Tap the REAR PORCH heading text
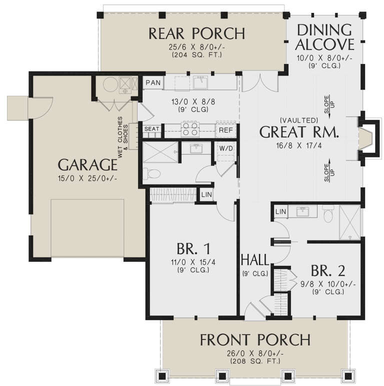tap(196, 33)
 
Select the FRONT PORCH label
tap(255, 340)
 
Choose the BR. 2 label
tap(327, 271)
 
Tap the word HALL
tap(255, 260)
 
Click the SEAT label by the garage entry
tap(151, 129)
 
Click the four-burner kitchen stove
tap(190, 129)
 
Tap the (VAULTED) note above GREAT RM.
tap(299, 120)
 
